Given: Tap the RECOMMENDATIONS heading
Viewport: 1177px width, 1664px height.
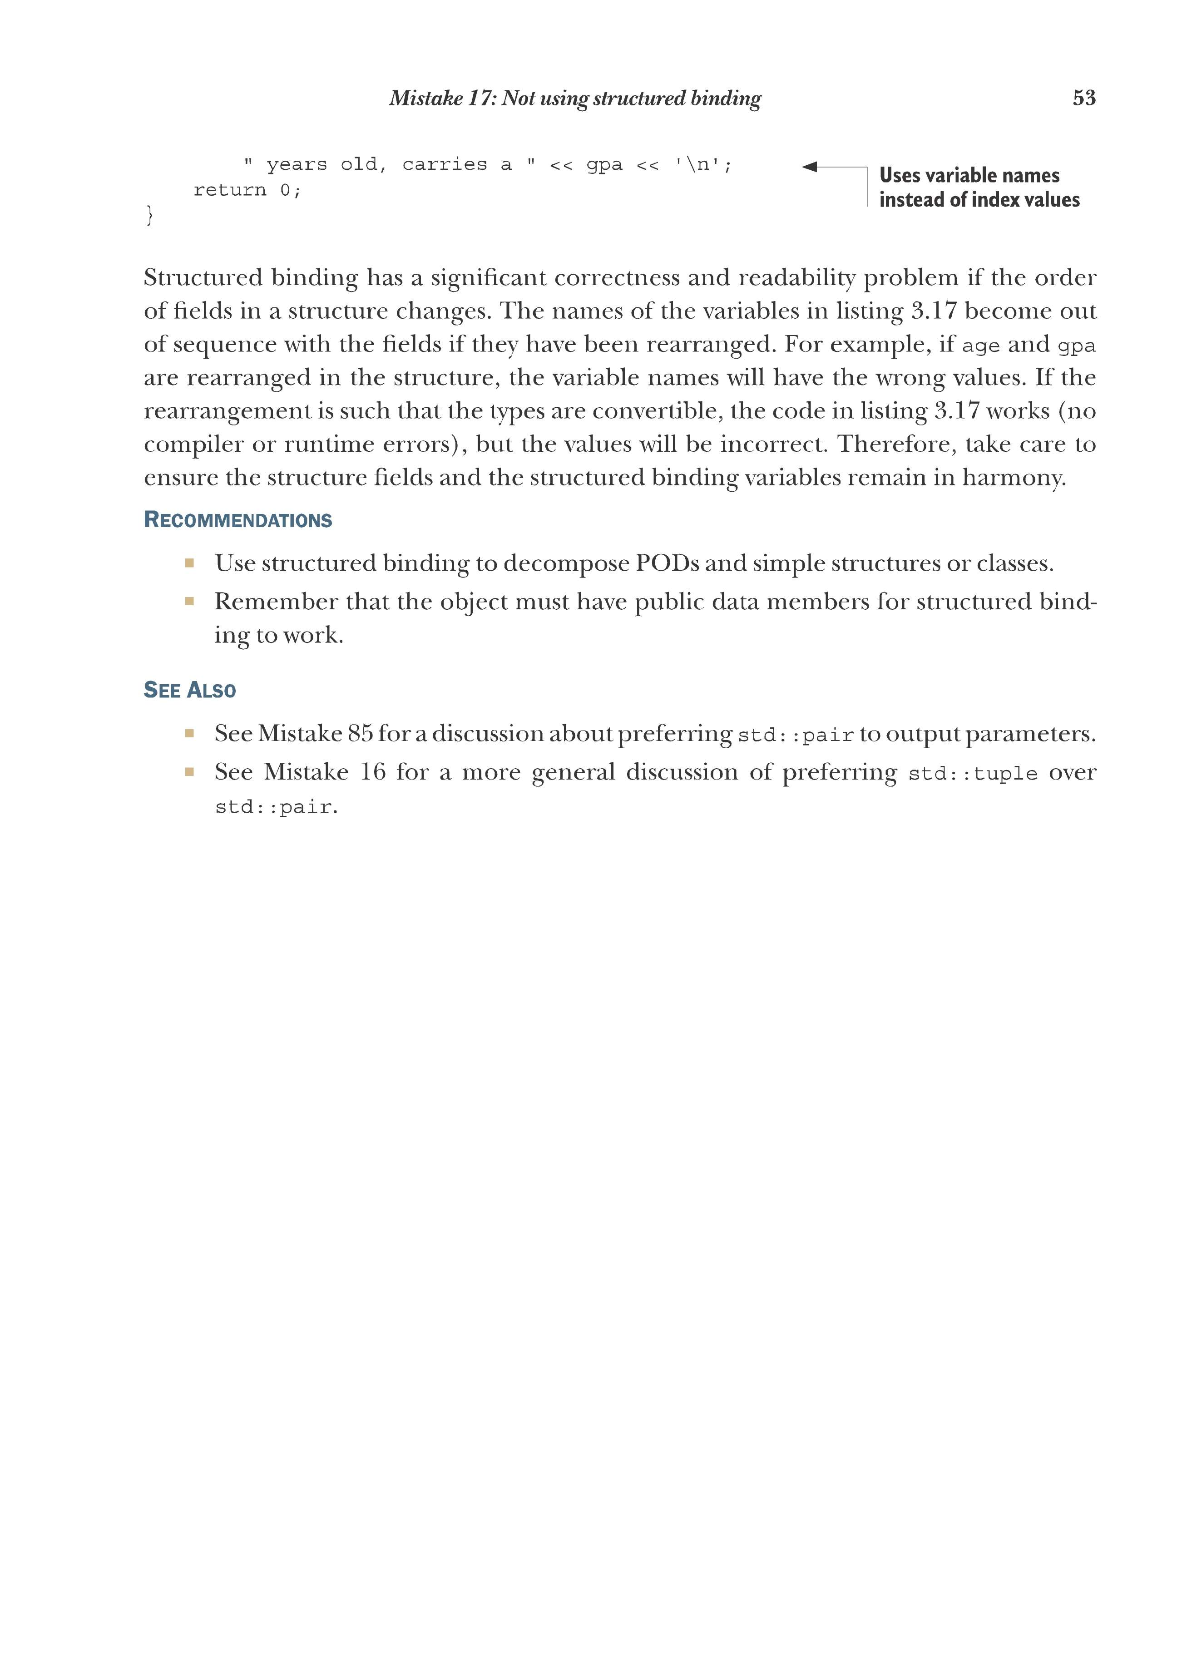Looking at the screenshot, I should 238,520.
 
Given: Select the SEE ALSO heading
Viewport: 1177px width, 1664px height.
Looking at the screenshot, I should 190,690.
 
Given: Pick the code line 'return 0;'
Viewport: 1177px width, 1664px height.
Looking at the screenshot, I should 247,190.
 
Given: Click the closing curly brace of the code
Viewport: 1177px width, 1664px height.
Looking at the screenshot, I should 149,214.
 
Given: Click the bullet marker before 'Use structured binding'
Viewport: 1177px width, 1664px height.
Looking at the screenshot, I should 189,563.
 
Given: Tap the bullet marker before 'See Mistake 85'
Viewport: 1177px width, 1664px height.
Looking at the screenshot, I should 189,733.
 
